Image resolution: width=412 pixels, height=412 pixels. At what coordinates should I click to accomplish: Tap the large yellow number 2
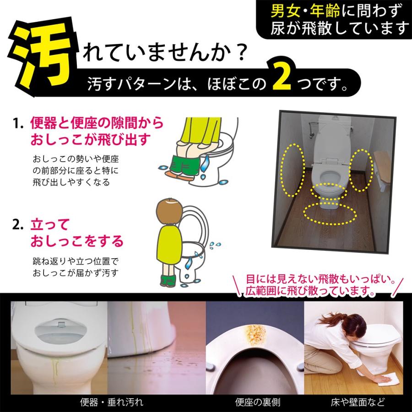coord(282,77)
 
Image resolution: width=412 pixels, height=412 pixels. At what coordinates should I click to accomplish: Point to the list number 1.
coord(18,123)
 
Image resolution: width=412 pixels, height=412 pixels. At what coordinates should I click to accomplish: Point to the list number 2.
coord(18,225)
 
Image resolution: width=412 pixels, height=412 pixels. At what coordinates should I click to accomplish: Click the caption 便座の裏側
coord(257,402)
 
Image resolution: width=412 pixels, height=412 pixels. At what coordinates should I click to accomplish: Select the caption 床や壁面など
coord(358,402)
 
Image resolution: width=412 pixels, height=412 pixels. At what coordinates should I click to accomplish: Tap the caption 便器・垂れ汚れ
coord(111,402)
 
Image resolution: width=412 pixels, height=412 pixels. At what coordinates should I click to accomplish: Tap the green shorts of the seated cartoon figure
coord(184,166)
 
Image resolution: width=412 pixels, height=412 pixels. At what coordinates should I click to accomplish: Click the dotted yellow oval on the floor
coord(330,214)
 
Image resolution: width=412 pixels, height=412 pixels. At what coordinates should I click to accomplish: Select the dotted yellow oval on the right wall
coord(362,170)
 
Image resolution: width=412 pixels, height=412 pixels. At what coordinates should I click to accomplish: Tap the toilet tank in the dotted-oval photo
coord(335,122)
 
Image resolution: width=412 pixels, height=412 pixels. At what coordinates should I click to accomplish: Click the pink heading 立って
coord(49,225)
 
